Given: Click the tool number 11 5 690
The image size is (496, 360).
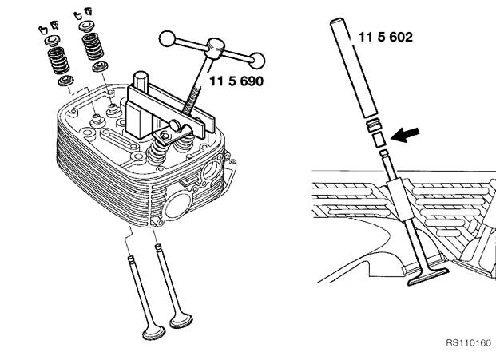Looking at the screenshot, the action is pyautogui.click(x=236, y=81).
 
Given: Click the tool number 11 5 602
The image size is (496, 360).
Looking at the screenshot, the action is pyautogui.click(x=385, y=37).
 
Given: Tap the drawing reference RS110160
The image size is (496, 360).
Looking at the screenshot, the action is pyautogui.click(x=469, y=342).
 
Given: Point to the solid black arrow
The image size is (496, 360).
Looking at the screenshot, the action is pyautogui.click(x=405, y=135).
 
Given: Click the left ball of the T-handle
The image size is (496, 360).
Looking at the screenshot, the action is pyautogui.click(x=167, y=39).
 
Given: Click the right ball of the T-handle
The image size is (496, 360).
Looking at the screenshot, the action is pyautogui.click(x=257, y=61).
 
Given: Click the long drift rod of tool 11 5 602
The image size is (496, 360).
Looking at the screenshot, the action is pyautogui.click(x=354, y=67).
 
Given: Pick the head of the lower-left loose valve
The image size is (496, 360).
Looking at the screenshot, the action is pyautogui.click(x=153, y=332).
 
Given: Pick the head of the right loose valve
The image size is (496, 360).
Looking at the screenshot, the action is pyautogui.click(x=181, y=320).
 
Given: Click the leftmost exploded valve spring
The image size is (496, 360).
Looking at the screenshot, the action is pyautogui.click(x=58, y=60).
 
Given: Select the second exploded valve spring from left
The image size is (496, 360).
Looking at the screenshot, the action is pyautogui.click(x=93, y=46).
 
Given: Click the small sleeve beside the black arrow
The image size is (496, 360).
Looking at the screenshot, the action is pyautogui.click(x=379, y=140).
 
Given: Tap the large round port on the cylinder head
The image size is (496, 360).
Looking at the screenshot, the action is pyautogui.click(x=177, y=206).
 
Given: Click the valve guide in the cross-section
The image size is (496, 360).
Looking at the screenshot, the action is pyautogui.click(x=400, y=199).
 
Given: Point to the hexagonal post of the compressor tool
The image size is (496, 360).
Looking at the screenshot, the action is pyautogui.click(x=141, y=80).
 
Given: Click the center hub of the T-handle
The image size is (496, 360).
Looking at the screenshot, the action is pyautogui.click(x=216, y=48).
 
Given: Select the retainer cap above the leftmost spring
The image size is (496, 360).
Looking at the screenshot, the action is pyautogui.click(x=52, y=41).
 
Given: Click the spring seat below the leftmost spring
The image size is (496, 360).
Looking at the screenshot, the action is pyautogui.click(x=66, y=81).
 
